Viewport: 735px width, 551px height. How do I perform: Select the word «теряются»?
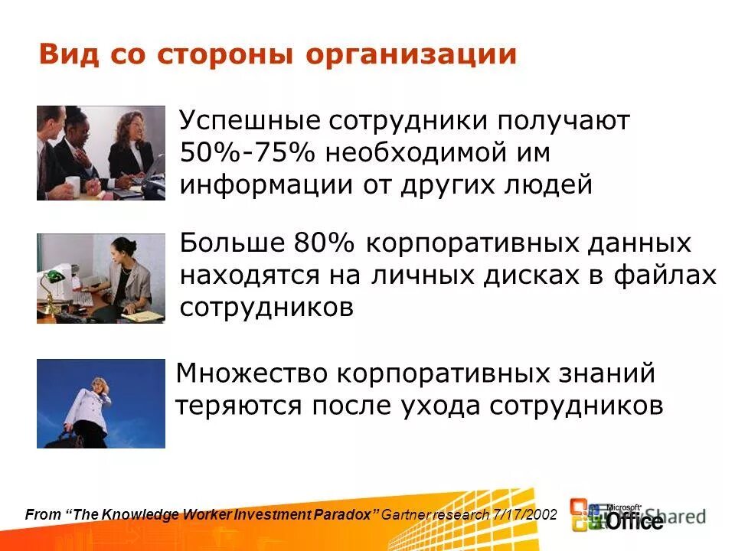237,406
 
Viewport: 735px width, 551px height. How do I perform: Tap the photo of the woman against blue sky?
100,403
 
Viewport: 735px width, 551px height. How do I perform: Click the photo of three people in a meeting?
100,152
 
